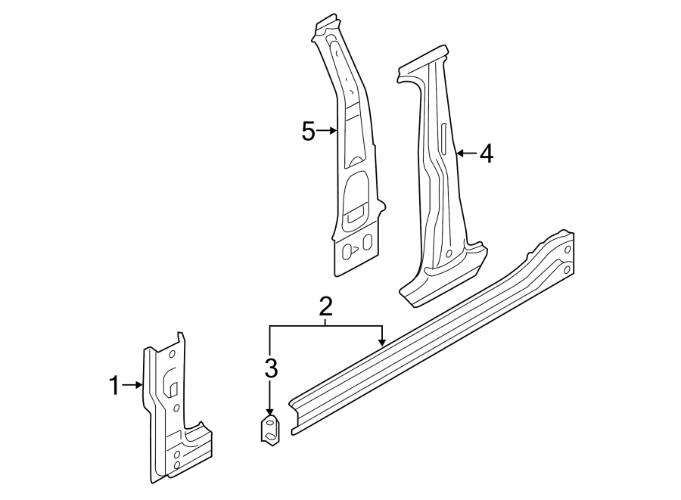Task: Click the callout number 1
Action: click(x=113, y=386)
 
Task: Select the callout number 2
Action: click(x=325, y=306)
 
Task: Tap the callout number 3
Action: click(x=271, y=368)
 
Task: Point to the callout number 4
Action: click(x=486, y=154)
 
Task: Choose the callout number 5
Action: click(x=308, y=132)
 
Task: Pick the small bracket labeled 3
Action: click(x=270, y=430)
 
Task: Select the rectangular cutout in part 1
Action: click(x=173, y=389)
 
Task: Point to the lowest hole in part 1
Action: click(x=176, y=467)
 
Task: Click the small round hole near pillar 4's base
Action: click(x=449, y=253)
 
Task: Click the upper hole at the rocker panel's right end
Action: click(x=567, y=248)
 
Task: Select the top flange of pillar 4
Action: click(x=424, y=61)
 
